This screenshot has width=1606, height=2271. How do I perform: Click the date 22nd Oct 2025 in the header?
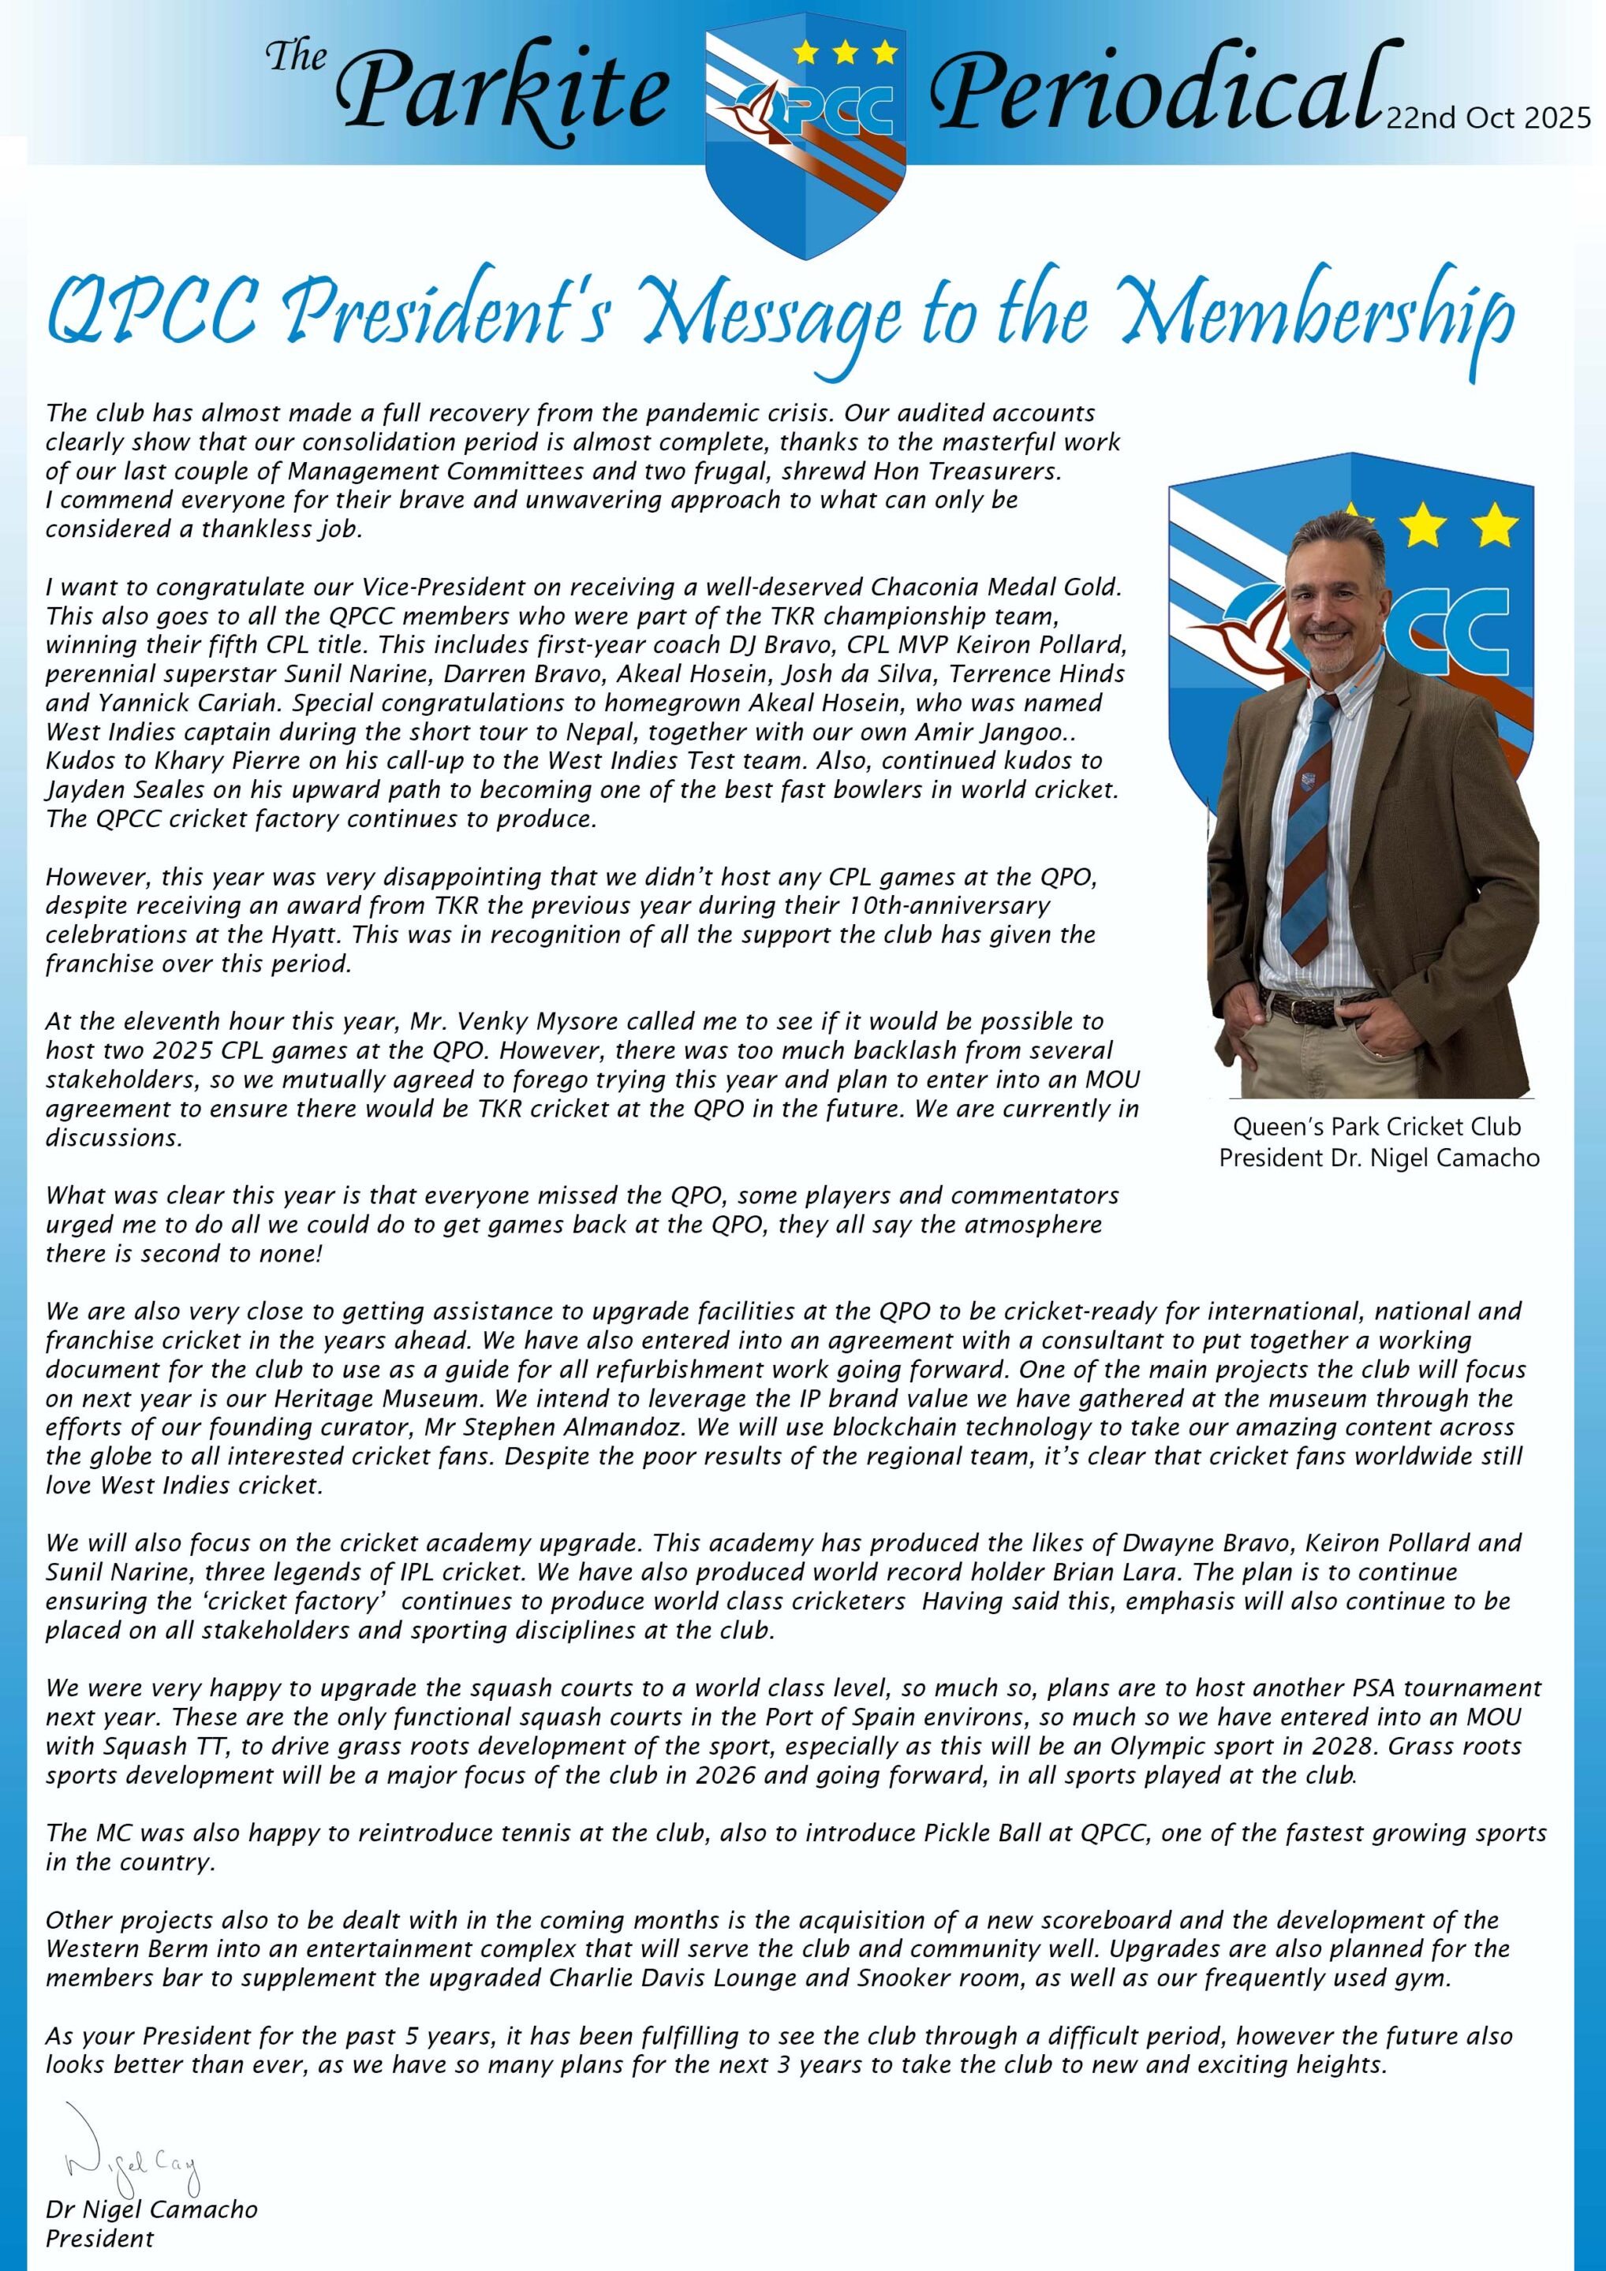[x=1488, y=119]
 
